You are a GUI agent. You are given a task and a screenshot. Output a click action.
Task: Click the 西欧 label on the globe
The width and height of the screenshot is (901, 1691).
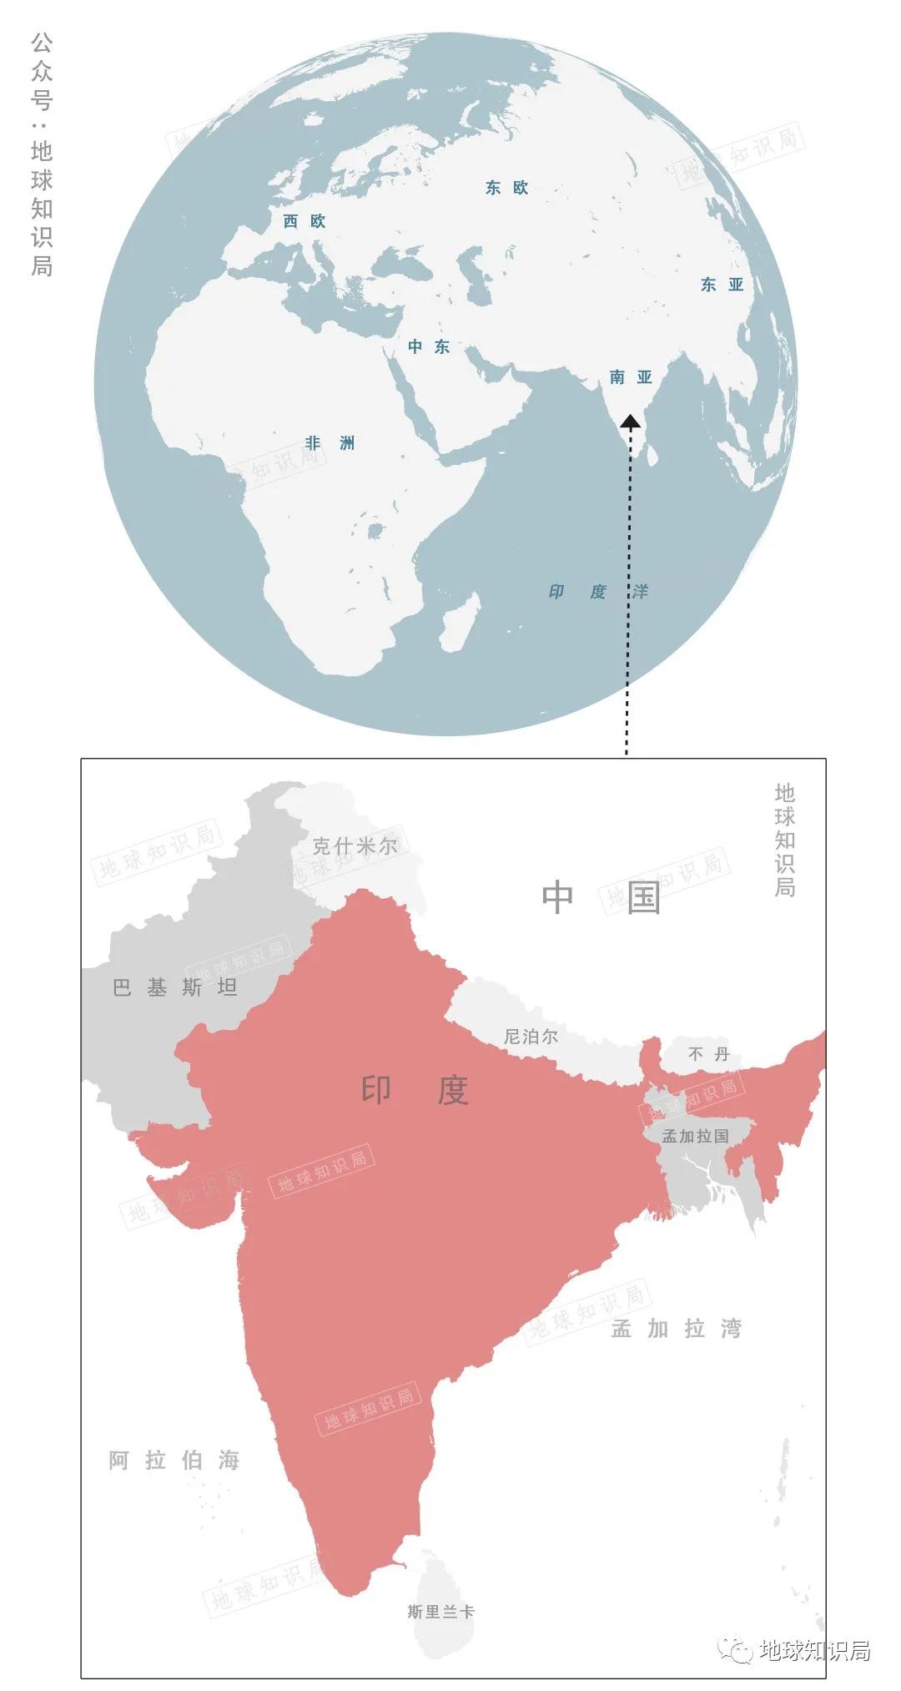tap(304, 221)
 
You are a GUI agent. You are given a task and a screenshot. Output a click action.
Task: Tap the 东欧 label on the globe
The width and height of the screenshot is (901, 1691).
tap(507, 188)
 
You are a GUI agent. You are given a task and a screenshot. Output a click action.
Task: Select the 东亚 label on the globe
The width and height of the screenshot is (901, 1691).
tap(722, 285)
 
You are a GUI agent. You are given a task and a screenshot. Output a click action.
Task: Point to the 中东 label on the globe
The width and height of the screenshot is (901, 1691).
tap(429, 346)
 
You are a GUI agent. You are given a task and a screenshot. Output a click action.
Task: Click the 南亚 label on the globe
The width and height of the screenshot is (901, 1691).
tap(631, 377)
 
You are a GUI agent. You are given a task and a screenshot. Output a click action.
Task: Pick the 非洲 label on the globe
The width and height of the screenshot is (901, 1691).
tap(330, 443)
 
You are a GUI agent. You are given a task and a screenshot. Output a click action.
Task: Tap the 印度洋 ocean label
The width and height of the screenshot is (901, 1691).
tap(597, 592)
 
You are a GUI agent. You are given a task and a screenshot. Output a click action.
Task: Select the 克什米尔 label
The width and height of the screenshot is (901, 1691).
tap(355, 846)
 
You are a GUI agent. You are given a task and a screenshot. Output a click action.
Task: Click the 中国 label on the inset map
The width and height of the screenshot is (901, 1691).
tap(601, 897)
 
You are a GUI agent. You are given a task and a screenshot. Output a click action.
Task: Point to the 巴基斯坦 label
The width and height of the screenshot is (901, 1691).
tap(175, 988)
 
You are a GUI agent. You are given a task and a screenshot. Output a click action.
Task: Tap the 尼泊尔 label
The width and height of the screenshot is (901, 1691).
tap(531, 1037)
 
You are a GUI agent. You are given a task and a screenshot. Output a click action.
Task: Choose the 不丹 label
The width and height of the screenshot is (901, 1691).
tap(708, 1054)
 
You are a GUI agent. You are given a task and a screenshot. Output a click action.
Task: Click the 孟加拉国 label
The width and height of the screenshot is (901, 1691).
tap(695, 1136)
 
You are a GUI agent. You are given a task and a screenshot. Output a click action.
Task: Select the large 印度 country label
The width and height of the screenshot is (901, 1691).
tap(415, 1090)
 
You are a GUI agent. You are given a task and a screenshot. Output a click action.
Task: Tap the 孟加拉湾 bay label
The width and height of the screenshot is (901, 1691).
tap(676, 1329)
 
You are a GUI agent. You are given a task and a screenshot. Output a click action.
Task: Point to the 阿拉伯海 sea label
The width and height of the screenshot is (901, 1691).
tap(174, 1461)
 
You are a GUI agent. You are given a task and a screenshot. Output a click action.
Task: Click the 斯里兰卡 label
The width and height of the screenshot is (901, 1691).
tap(440, 1612)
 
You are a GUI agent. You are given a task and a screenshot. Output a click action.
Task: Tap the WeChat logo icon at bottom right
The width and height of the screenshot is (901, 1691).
tap(737, 1650)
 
